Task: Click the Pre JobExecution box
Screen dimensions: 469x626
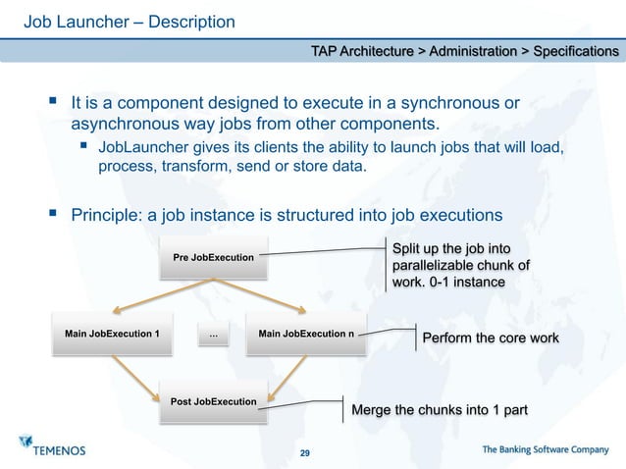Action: point(214,258)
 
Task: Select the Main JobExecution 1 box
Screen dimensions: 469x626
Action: point(113,335)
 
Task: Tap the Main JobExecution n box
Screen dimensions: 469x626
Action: point(306,335)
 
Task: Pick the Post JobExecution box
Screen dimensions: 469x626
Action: point(214,403)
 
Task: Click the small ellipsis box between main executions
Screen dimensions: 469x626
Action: point(213,336)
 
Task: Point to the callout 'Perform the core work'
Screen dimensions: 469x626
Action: point(490,339)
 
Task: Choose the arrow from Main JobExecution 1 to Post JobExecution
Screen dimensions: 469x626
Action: point(136,377)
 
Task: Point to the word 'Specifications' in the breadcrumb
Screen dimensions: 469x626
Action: point(575,50)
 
